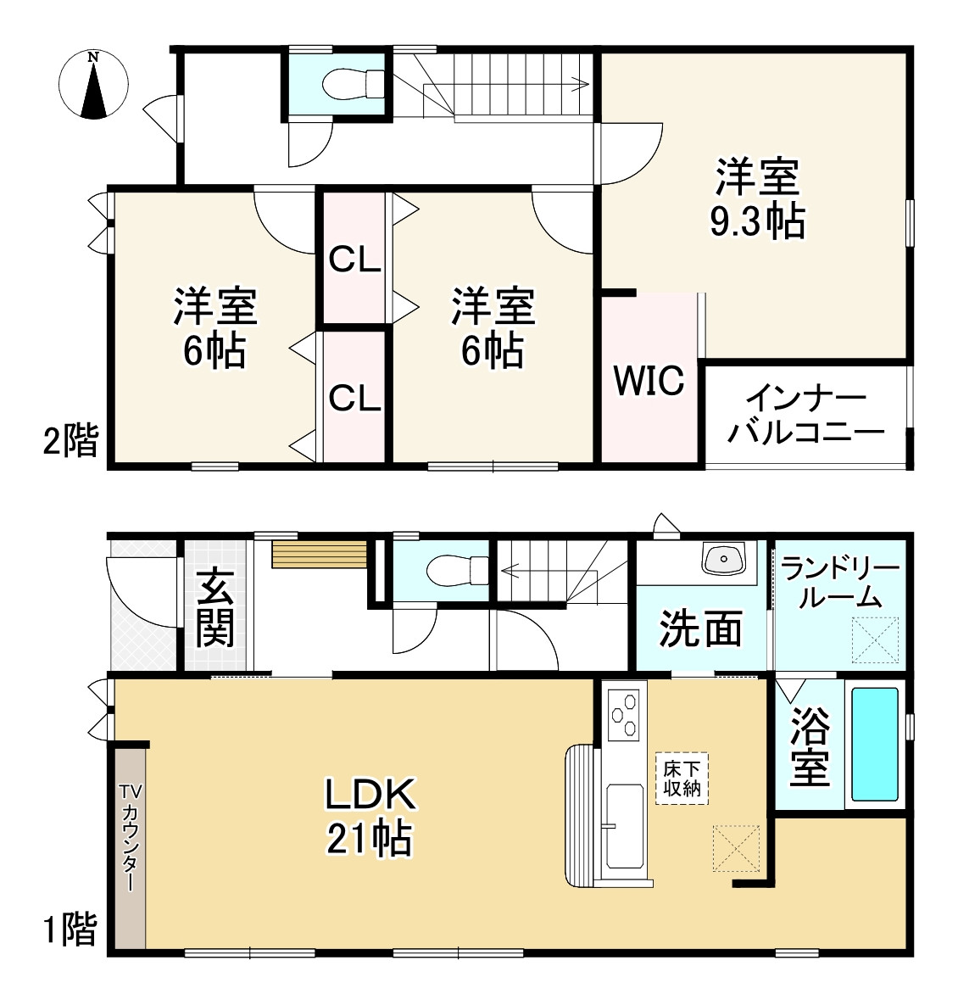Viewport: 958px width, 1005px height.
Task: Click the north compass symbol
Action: pyautogui.click(x=93, y=84)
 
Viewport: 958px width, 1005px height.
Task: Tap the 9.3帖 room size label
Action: pyautogui.click(x=757, y=221)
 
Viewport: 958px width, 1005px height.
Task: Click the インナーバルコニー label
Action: pyautogui.click(x=806, y=416)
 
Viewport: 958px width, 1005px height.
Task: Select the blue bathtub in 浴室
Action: pyautogui.click(x=874, y=744)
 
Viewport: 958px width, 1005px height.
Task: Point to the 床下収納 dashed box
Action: pyautogui.click(x=682, y=778)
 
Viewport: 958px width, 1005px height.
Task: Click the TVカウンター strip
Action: pyautogui.click(x=130, y=847)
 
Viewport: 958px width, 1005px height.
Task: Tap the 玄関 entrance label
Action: pyautogui.click(x=214, y=606)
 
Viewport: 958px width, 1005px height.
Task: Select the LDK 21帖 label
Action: pyautogui.click(x=370, y=816)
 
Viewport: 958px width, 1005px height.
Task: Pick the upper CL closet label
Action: pyautogui.click(x=354, y=260)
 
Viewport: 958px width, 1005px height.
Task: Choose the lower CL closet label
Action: pyautogui.click(x=354, y=398)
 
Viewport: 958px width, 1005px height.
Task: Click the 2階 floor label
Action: pyautogui.click(x=70, y=441)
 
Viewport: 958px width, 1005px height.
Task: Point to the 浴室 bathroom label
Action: pyautogui.click(x=810, y=746)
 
